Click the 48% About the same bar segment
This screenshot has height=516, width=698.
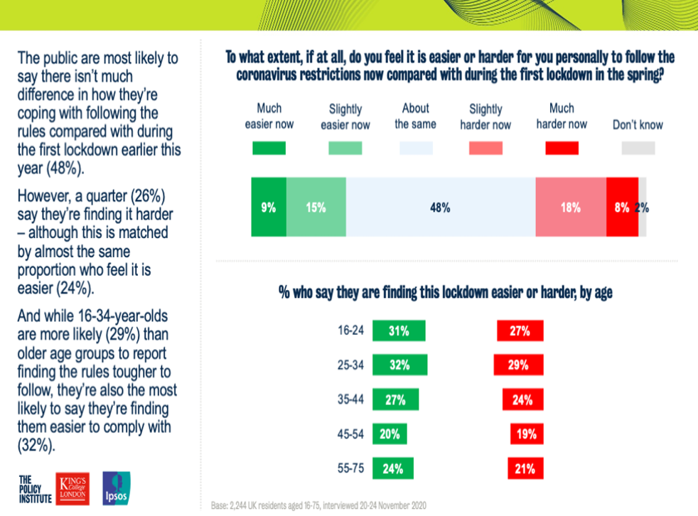click(441, 208)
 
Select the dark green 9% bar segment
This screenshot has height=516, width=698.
click(269, 208)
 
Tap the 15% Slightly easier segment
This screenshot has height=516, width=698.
click(316, 208)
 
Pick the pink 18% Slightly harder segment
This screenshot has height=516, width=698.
click(570, 208)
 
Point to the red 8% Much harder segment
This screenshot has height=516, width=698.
click(622, 208)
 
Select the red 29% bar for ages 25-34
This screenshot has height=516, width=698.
click(519, 365)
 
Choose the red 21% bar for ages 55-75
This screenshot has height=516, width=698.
click(526, 469)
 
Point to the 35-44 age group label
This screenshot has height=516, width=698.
click(350, 400)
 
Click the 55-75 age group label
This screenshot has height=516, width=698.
click(350, 469)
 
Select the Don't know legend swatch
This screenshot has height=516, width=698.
click(638, 149)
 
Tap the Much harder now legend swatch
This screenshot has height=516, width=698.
click(562, 149)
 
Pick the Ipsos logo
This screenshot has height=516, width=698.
click(117, 489)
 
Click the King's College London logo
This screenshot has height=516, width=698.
click(76, 489)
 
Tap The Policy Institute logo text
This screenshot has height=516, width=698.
click(35, 490)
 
